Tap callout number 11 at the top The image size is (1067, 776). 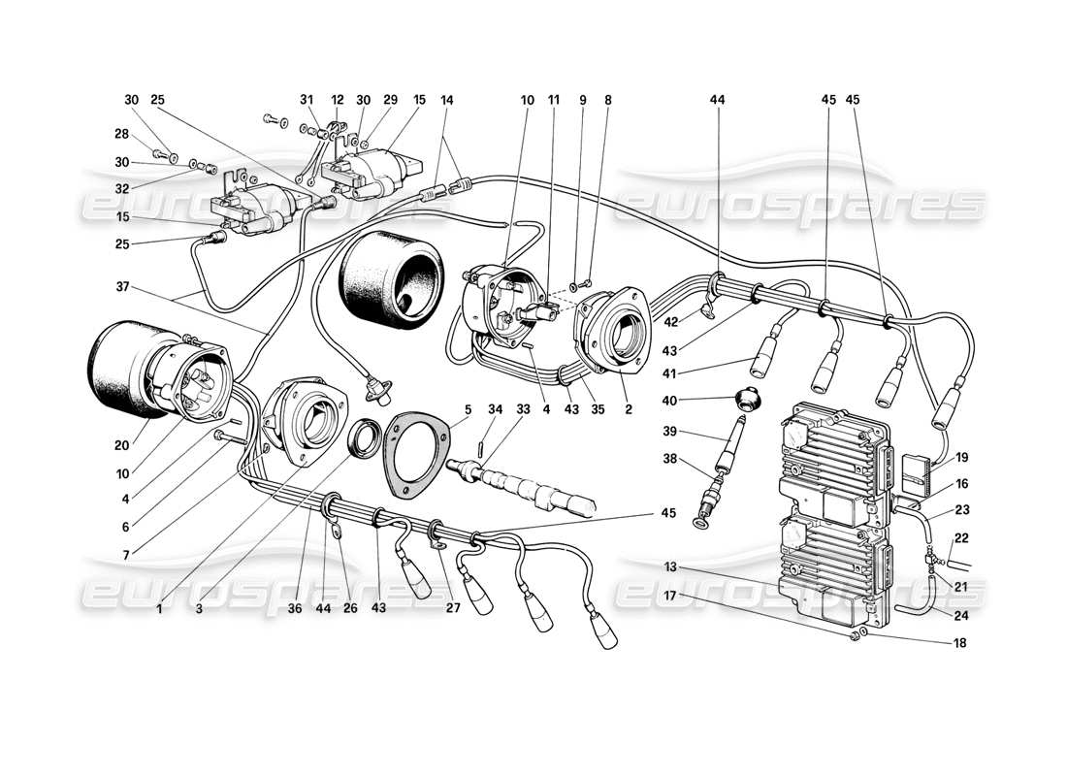tap(553, 100)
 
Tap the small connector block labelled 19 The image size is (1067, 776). tap(917, 469)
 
